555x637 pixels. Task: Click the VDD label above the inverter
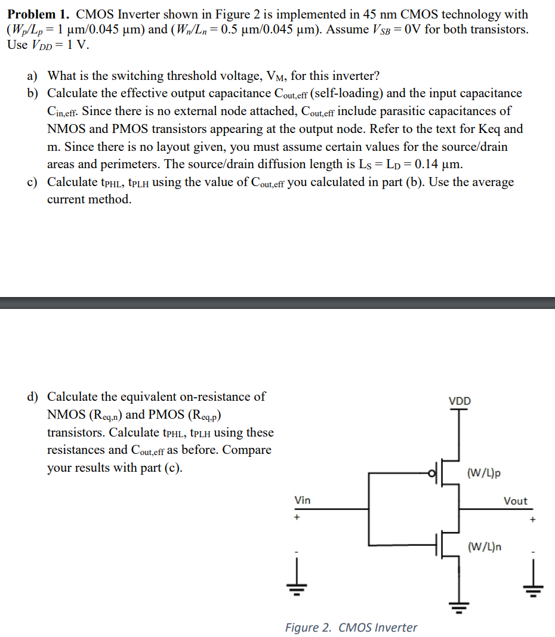pos(460,401)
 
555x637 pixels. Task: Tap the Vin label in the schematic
pos(303,500)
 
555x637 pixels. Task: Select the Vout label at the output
pos(516,501)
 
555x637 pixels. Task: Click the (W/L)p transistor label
pos(484,473)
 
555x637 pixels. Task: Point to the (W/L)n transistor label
pos(484,546)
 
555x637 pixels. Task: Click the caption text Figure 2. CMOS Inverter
pos(351,627)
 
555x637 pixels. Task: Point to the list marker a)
pos(32,76)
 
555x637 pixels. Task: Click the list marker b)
pos(32,94)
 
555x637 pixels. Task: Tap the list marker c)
pos(32,183)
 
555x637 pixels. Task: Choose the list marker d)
pos(32,397)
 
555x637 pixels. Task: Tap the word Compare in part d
pos(247,450)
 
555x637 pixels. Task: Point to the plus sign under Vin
pos(295,518)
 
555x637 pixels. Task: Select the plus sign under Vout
pos(534,520)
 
